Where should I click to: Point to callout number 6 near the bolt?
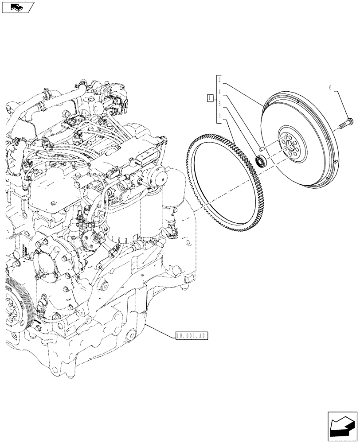(x=330, y=88)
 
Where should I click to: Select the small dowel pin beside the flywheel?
(x=262, y=148)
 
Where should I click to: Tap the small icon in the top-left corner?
(x=18, y=7)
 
